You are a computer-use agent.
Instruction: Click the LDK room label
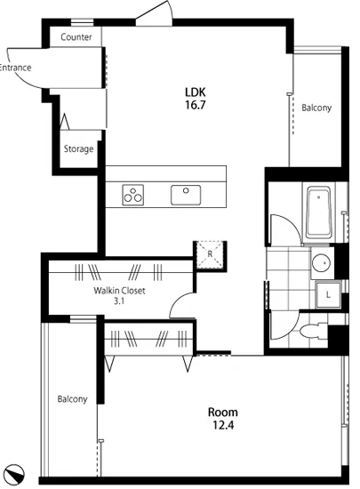coord(196,92)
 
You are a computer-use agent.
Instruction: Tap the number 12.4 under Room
coord(223,425)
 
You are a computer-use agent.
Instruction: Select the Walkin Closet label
coord(119,291)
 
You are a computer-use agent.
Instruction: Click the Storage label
coord(78,148)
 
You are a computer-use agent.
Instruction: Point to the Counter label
coord(76,37)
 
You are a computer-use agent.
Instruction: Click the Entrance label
coord(15,68)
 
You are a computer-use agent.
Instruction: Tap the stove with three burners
coord(133,195)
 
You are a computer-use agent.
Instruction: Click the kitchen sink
coord(186,195)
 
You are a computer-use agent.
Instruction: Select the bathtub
coord(318,212)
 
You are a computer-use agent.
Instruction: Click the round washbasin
coord(322,262)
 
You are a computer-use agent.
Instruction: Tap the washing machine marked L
coord(328,294)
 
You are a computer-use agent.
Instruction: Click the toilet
coord(313,330)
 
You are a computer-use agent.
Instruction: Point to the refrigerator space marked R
coord(210,254)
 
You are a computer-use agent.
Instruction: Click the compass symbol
coord(15,473)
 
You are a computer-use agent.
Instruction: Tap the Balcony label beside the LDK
coord(316,108)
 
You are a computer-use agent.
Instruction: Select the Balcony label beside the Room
coord(72,399)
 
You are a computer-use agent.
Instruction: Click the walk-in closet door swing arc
coord(176,300)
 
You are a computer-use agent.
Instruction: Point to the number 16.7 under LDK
coord(196,105)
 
